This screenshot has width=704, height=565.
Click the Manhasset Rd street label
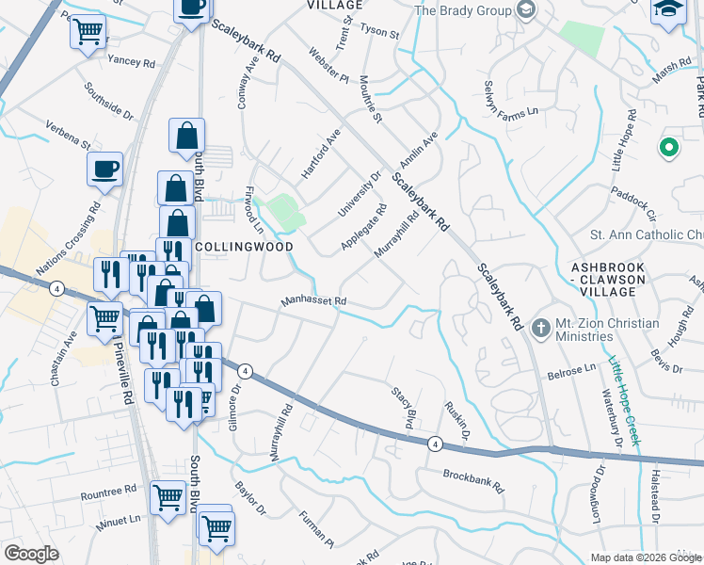coord(313,302)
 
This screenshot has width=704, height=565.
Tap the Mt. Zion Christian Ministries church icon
coord(541,329)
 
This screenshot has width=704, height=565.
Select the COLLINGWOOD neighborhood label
coord(244,246)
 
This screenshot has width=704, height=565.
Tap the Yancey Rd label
coord(131,62)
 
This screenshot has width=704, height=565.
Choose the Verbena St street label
coord(67,134)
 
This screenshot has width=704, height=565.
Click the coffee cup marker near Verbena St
coord(104,169)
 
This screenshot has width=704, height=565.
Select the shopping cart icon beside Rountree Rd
coord(168,494)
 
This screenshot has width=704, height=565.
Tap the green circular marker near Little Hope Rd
coord(669,147)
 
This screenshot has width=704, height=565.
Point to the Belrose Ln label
coord(572,371)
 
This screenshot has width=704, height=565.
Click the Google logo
coord(32,554)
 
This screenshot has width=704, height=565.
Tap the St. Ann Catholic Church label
coord(646,234)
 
